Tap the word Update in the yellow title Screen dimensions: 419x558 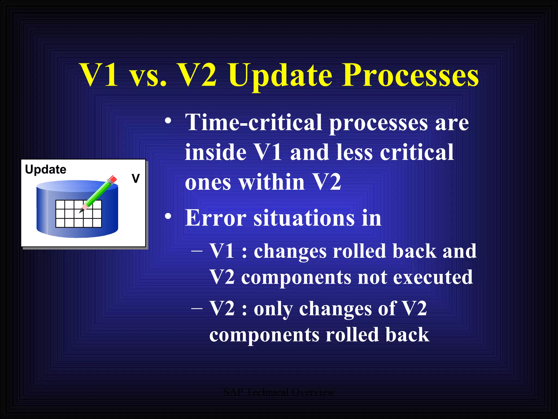coord(281,76)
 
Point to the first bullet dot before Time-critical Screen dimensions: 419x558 coord(168,121)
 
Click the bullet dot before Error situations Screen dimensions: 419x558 coord(168,216)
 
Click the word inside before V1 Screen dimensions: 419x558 coord(216,152)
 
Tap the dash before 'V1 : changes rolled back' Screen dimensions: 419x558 coord(197,250)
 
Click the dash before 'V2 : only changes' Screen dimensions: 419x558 coord(197,308)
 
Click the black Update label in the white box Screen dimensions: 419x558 coord(46,170)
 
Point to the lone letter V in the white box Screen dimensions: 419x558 coord(135,179)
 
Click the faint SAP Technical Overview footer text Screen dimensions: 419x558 coord(278,392)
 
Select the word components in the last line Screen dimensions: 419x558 coord(264,335)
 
